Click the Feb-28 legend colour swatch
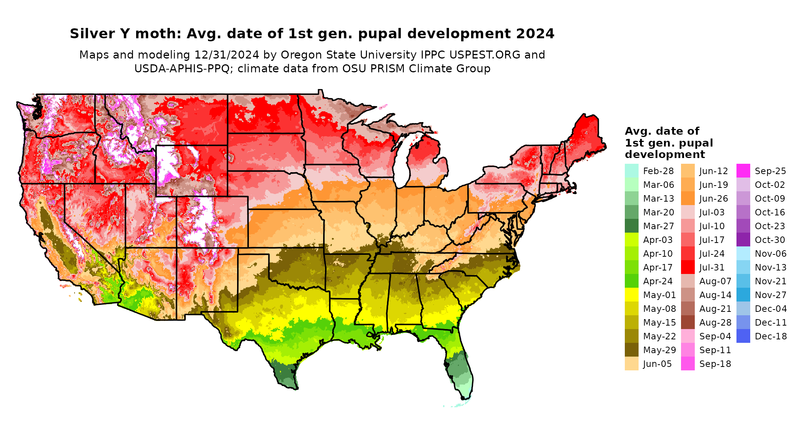631,171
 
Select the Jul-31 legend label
712,267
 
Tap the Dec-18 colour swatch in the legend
743,336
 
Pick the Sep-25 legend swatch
743,171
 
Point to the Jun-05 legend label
657,364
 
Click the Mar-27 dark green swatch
631,226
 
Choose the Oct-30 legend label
770,240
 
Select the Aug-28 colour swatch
688,322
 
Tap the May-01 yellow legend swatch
631,295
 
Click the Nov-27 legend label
770,295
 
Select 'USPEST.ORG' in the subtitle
485,55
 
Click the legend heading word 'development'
665,155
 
